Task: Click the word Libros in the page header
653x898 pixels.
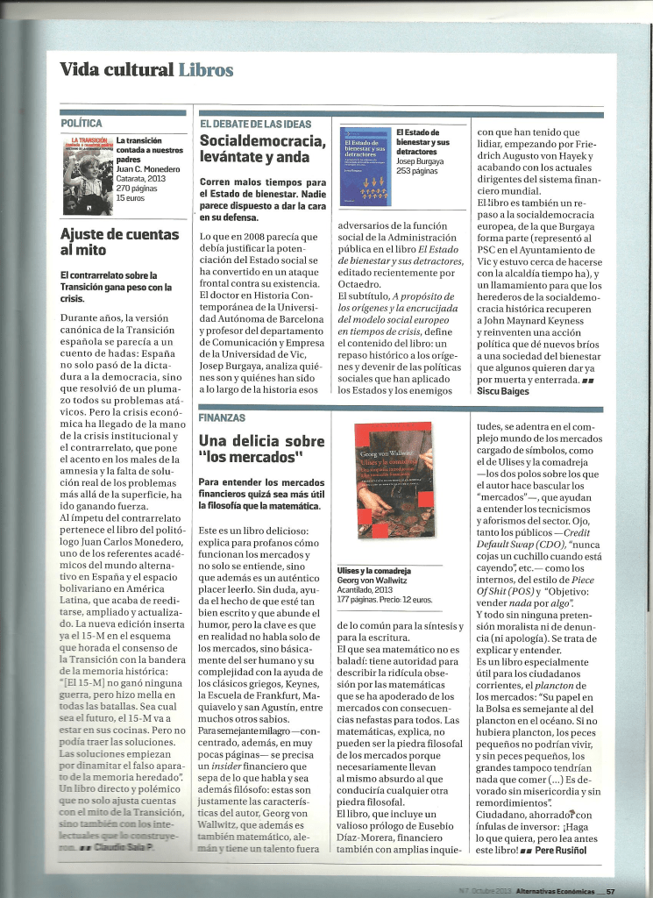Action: (x=205, y=70)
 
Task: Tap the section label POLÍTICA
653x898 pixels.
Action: (x=82, y=124)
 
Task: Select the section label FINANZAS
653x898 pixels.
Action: (x=222, y=417)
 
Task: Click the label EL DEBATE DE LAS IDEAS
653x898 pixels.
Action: (x=256, y=124)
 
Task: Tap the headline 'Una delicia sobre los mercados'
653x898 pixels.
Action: (x=261, y=449)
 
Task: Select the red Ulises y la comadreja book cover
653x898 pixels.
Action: (x=393, y=491)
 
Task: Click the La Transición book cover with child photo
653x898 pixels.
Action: (x=87, y=175)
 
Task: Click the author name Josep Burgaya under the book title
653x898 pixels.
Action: (x=421, y=161)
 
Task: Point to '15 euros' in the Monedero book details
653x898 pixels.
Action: (x=129, y=198)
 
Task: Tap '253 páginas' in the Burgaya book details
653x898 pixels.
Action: (x=416, y=171)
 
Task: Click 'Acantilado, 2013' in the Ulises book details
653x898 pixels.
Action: (x=366, y=590)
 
